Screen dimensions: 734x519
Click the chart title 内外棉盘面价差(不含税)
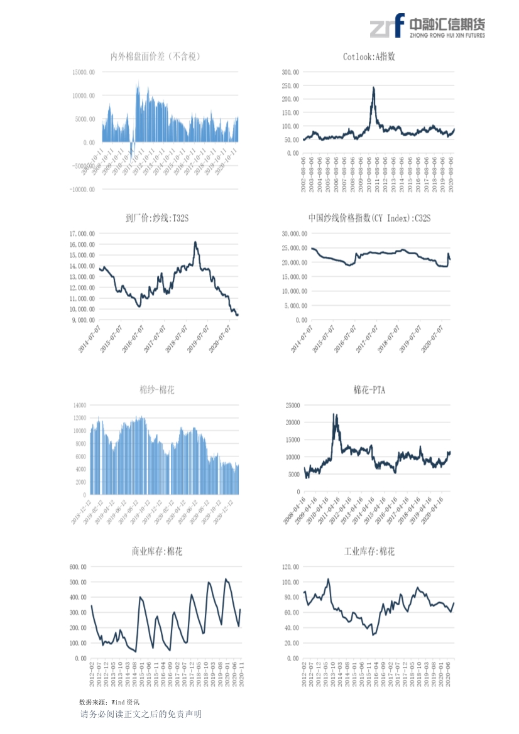click(x=155, y=57)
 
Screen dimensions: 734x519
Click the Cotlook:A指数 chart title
click(x=369, y=57)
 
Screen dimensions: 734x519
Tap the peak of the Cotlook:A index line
click(x=374, y=88)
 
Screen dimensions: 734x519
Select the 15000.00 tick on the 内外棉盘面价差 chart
click(x=84, y=72)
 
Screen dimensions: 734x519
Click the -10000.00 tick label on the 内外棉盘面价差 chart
click(x=82, y=189)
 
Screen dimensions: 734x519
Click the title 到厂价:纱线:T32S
click(x=157, y=218)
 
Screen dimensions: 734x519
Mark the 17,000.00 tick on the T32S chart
click(x=82, y=234)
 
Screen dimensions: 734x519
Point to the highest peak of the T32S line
click(x=195, y=242)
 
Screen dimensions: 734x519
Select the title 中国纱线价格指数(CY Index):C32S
click(x=369, y=218)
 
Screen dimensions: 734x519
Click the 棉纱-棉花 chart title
click(x=157, y=390)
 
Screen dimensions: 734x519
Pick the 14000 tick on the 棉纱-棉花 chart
click(x=79, y=405)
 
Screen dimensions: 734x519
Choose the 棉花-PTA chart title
click(x=369, y=390)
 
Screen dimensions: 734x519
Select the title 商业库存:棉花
click(x=157, y=551)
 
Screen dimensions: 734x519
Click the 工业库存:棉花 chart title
click(x=369, y=551)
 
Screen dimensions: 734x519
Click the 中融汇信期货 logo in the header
click(x=427, y=27)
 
